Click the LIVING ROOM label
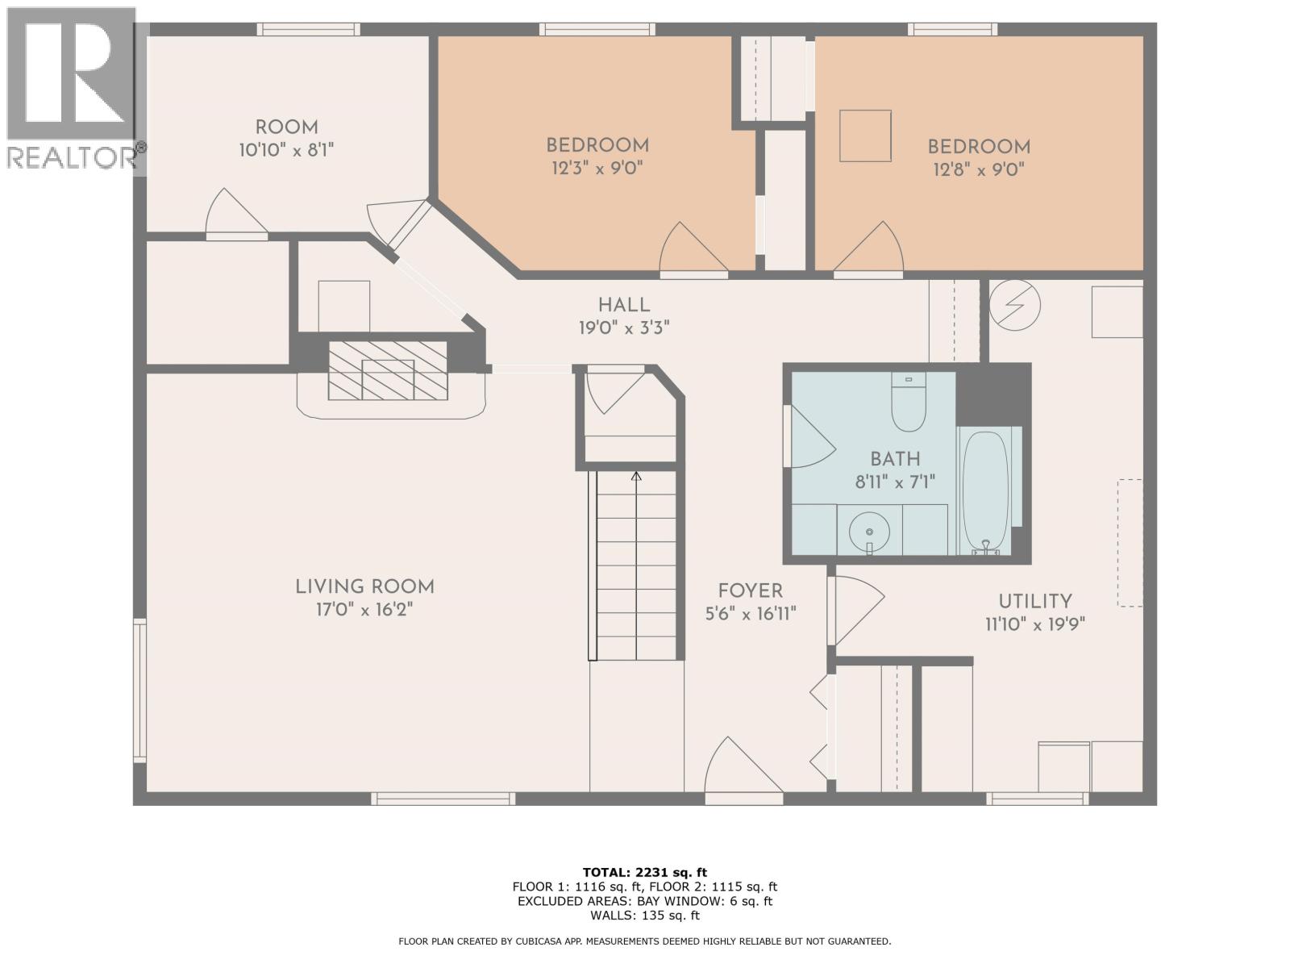point(364,587)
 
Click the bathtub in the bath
point(984,490)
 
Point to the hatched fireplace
point(388,370)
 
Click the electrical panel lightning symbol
point(1015,305)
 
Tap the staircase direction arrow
point(636,476)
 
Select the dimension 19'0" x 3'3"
point(623,328)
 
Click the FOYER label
point(750,591)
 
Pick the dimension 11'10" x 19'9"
point(1034,624)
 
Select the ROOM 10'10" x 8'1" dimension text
point(286,150)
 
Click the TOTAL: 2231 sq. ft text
point(644,872)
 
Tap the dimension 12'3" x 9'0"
point(597,168)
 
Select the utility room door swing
point(857,605)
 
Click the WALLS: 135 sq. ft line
point(644,916)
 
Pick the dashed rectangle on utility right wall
point(1130,542)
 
